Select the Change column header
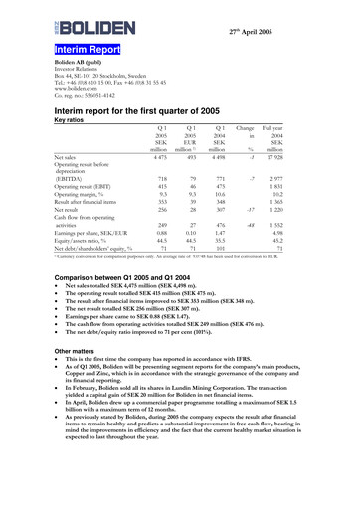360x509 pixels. [x=272, y=129]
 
